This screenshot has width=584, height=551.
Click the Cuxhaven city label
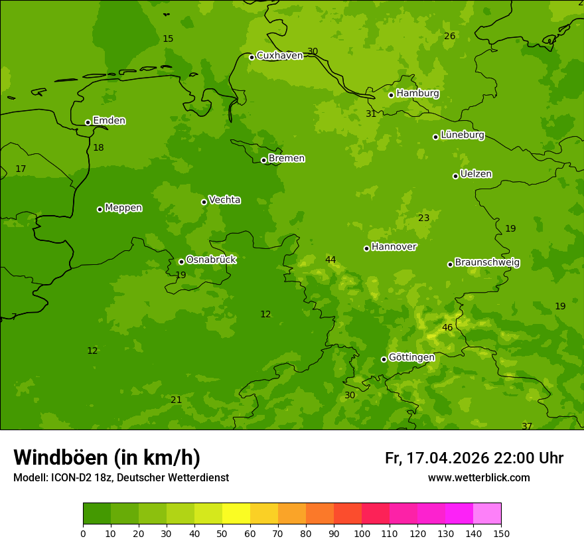pyautogui.click(x=279, y=56)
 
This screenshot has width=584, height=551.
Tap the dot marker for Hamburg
pyautogui.click(x=392, y=95)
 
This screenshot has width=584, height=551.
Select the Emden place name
pyautogui.click(x=109, y=121)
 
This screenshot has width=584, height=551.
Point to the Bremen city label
pyautogui.click(x=287, y=159)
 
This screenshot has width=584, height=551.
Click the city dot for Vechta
pyautogui.click(x=204, y=202)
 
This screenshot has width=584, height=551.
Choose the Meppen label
pyautogui.click(x=123, y=208)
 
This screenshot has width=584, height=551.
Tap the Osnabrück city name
pyautogui.click(x=211, y=260)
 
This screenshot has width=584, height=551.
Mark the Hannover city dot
pyautogui.click(x=366, y=248)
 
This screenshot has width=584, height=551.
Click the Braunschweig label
pyautogui.click(x=487, y=263)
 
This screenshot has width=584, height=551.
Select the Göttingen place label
pyautogui.click(x=411, y=357)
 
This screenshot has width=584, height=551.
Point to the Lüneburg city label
pyautogui.click(x=463, y=135)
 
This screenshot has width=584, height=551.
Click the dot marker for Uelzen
pyautogui.click(x=455, y=176)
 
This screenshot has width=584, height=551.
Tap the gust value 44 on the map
pyautogui.click(x=330, y=260)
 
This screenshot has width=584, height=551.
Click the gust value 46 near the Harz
pyautogui.click(x=447, y=327)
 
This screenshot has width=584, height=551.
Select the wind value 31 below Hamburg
pyautogui.click(x=371, y=114)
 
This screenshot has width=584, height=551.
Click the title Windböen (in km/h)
pyautogui.click(x=107, y=457)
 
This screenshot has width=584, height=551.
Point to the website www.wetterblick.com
pyautogui.click(x=478, y=478)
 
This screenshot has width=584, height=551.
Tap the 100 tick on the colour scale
pyautogui.click(x=362, y=533)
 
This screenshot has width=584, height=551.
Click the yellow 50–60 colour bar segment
pyautogui.click(x=236, y=514)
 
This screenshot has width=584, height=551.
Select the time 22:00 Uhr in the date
pyautogui.click(x=528, y=458)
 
